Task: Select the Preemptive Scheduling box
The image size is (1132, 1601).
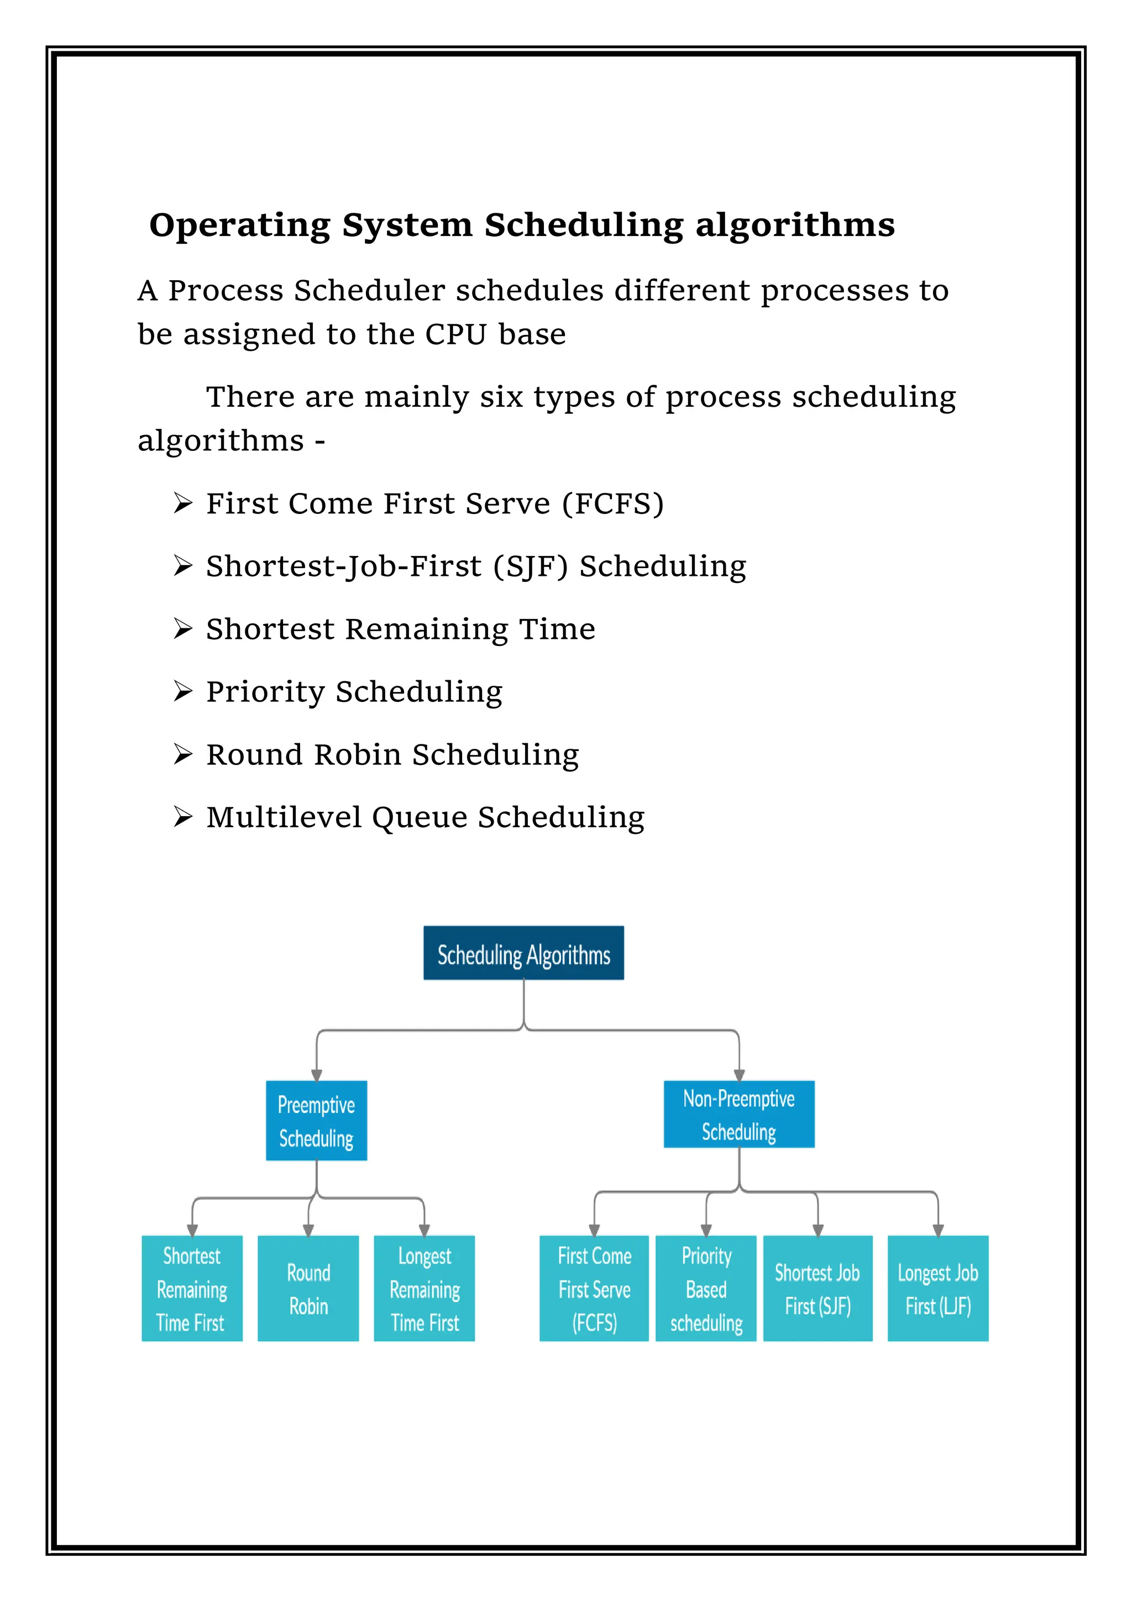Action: click(316, 1121)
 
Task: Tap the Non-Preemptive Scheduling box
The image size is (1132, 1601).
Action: click(738, 1114)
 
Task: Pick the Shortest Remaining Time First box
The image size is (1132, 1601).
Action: click(192, 1289)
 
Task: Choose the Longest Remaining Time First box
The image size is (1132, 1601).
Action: click(424, 1289)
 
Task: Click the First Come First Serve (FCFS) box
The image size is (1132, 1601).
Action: click(594, 1289)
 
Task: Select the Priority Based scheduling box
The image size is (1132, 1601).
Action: click(706, 1289)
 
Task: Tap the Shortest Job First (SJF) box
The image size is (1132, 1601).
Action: click(817, 1289)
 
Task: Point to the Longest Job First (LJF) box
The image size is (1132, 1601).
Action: click(937, 1289)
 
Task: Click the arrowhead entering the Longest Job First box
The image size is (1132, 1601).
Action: click(938, 1231)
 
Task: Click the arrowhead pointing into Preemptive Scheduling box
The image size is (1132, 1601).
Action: click(317, 1075)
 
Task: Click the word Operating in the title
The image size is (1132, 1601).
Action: click(239, 225)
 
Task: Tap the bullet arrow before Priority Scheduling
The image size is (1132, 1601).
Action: click(183, 691)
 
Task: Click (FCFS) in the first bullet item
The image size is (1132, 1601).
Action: click(613, 503)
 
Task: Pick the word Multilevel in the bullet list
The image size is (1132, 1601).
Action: click(284, 817)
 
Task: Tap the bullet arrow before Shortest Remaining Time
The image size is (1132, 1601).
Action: click(183, 628)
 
